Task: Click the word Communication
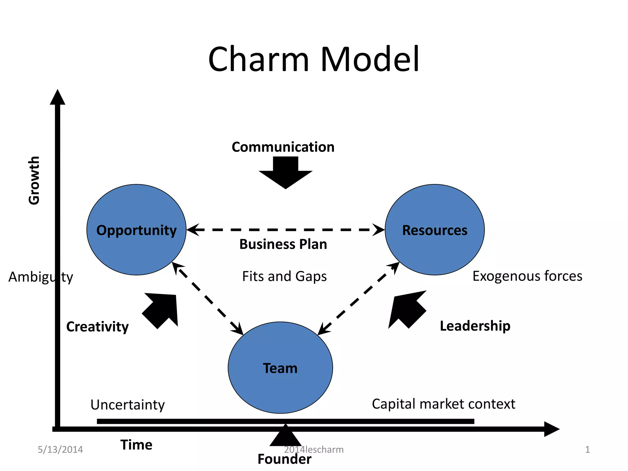click(283, 147)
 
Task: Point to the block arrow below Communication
click(285, 173)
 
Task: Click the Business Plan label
click(283, 244)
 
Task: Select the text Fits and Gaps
click(284, 276)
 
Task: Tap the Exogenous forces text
click(527, 276)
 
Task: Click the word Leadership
click(475, 326)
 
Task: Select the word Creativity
click(98, 327)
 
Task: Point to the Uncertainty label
click(128, 405)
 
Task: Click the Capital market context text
click(443, 404)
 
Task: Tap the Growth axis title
click(34, 180)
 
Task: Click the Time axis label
click(136, 445)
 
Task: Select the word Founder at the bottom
click(284, 459)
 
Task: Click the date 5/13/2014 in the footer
click(60, 450)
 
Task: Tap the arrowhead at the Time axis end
click(552, 429)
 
